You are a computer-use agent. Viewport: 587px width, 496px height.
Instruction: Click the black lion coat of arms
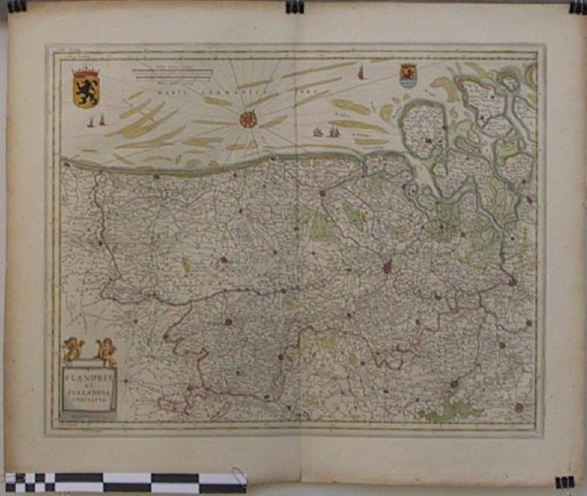pyautogui.click(x=86, y=89)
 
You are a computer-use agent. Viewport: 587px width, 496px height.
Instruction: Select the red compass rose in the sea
pyautogui.click(x=248, y=119)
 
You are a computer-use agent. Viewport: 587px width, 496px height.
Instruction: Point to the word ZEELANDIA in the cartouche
pyautogui.click(x=90, y=392)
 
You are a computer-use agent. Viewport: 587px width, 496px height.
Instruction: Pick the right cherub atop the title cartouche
pyautogui.click(x=106, y=350)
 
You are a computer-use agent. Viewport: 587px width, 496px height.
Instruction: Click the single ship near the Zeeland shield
pyautogui.click(x=361, y=74)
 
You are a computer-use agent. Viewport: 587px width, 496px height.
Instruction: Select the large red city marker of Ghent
pyautogui.click(x=387, y=267)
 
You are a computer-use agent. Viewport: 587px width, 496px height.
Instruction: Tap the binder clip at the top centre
pyautogui.click(x=293, y=7)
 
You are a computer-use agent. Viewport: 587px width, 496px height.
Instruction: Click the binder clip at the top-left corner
pyautogui.click(x=17, y=6)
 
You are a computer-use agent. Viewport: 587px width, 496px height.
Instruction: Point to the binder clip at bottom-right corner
pyautogui.click(x=564, y=483)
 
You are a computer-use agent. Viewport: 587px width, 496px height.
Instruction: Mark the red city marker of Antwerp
pyautogui.click(x=512, y=282)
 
